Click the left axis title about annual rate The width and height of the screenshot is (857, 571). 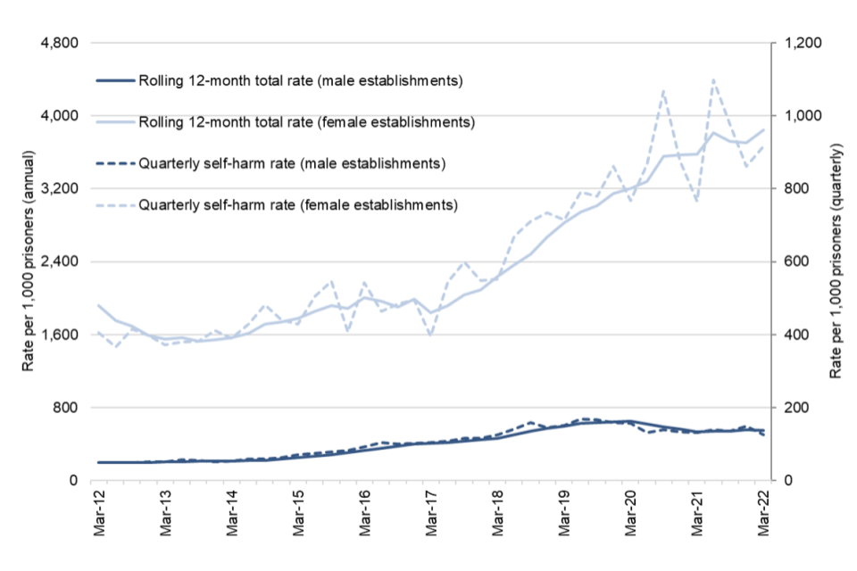tap(29, 261)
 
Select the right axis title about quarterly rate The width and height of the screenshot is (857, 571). tap(836, 261)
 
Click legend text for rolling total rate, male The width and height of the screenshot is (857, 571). tap(300, 81)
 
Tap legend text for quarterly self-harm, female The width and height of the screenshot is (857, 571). tap(298, 204)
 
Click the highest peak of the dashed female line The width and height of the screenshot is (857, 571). tap(714, 79)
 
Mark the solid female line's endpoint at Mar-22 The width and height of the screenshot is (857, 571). tap(764, 129)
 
